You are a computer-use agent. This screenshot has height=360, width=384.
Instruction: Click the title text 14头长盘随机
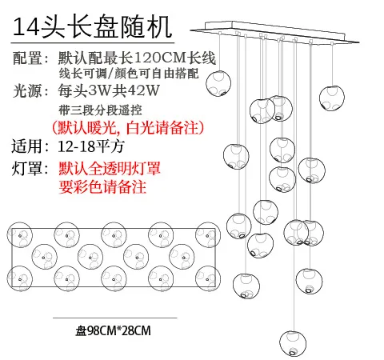click(92, 27)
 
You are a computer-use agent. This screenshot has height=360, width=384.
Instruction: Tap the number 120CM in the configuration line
click(159, 58)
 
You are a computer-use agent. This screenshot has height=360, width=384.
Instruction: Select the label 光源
click(27, 90)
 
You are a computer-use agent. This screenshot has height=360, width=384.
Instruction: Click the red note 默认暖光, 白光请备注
click(128, 128)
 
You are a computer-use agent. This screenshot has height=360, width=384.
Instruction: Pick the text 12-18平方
click(91, 146)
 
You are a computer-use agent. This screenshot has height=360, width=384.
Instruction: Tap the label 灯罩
click(27, 169)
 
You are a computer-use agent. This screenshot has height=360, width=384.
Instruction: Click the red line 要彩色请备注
click(102, 186)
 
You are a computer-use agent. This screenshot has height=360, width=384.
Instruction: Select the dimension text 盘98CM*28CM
click(113, 330)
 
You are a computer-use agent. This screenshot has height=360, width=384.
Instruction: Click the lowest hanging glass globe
click(293, 343)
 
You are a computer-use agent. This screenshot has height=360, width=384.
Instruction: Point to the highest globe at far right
click(332, 98)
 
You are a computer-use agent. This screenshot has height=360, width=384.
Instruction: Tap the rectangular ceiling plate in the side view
click(274, 31)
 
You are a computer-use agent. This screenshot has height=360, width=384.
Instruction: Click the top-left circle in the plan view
click(20, 235)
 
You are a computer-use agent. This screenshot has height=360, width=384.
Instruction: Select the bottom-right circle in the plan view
click(208, 278)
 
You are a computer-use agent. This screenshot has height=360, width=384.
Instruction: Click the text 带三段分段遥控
click(100, 110)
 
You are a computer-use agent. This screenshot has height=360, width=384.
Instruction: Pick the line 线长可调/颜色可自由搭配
click(129, 74)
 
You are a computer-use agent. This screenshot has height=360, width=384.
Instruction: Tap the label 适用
click(26, 146)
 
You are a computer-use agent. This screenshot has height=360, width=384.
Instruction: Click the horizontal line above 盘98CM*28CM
click(115, 318)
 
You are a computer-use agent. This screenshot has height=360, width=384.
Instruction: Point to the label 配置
click(27, 58)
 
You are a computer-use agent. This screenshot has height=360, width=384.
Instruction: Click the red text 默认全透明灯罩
click(110, 169)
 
